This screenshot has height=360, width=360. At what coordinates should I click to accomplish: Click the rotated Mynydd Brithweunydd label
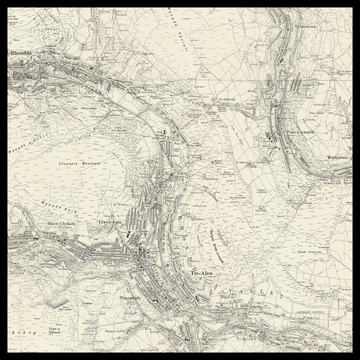[x=216, y=238]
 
